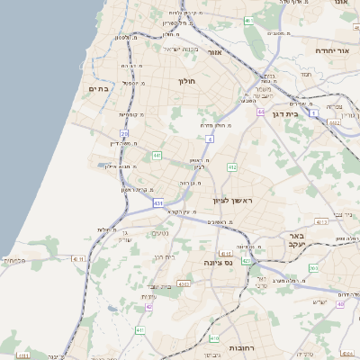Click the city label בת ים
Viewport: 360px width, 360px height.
(97, 89)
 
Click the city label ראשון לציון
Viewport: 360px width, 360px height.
(235, 200)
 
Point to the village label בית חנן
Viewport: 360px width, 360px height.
(163, 256)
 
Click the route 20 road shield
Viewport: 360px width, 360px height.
(124, 134)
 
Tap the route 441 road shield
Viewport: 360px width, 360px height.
(157, 156)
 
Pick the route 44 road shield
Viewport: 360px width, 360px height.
(260, 112)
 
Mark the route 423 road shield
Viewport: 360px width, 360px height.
(246, 261)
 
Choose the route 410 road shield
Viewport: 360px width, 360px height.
(214, 337)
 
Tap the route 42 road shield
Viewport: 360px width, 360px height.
(148, 306)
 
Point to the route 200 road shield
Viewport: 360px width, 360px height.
(313, 268)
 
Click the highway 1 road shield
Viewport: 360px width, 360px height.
(313, 114)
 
